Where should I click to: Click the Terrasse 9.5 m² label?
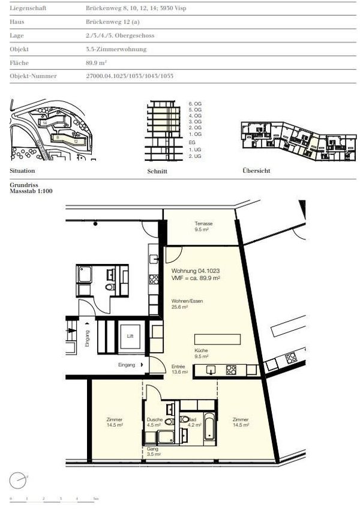point(203,226)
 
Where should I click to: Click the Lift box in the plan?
point(130,336)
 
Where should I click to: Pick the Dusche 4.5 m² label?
point(154,422)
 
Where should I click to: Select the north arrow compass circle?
point(19,480)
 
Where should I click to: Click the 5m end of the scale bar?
point(95,499)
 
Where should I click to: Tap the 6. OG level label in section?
point(195,104)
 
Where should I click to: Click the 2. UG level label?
point(195,156)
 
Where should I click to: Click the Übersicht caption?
point(256,171)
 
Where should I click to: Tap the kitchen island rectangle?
point(218,337)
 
